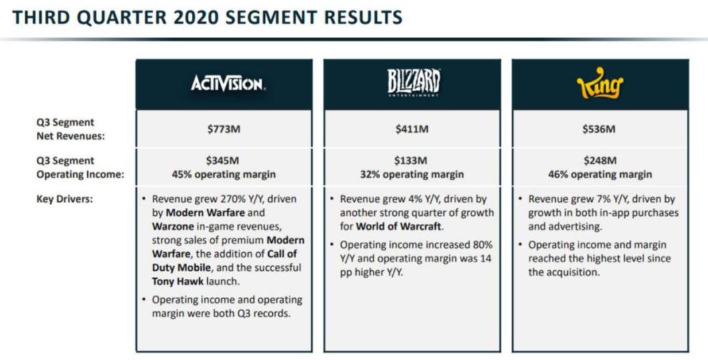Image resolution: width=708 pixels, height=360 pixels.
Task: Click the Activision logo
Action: (227, 84)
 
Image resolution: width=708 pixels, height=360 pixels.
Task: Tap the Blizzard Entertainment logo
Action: (413, 83)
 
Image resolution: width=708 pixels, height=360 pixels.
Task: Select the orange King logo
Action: (600, 84)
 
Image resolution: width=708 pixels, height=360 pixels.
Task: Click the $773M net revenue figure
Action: (224, 129)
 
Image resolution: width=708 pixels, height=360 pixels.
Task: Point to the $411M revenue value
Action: (412, 129)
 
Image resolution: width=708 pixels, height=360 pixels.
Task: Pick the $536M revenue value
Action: (599, 129)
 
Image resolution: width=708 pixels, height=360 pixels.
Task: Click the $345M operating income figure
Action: (223, 161)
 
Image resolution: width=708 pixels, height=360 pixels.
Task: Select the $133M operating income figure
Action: (412, 161)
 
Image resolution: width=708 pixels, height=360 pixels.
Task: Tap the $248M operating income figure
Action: (599, 161)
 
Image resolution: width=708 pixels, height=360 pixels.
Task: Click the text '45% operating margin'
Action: (223, 175)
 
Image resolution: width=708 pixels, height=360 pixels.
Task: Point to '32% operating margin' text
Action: (412, 175)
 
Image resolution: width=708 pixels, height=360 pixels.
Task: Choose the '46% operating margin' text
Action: (600, 175)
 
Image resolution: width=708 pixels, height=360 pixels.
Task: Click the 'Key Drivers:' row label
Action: (64, 199)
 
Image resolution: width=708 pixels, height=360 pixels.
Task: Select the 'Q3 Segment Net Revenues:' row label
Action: (70, 129)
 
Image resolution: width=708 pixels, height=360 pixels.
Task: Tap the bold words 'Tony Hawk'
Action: (178, 282)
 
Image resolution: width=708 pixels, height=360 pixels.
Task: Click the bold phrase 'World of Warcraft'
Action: (399, 227)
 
